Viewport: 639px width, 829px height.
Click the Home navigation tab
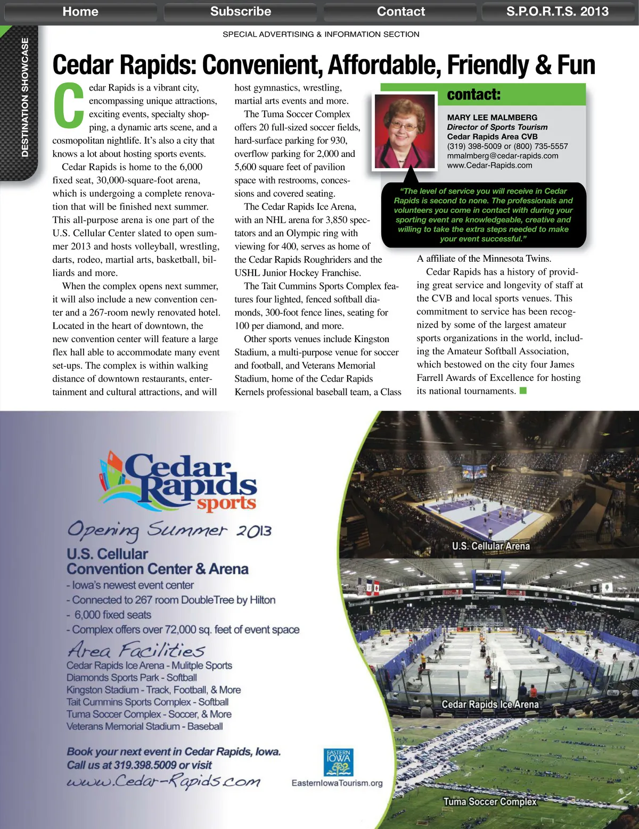[80, 12]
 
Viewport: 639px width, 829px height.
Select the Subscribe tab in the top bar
[241, 12]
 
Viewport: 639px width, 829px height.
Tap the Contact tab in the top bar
[401, 12]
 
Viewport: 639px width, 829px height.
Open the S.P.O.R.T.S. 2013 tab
[558, 12]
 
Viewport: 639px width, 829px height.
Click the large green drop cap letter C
[69, 106]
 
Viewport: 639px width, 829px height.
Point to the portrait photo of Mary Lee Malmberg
[405, 130]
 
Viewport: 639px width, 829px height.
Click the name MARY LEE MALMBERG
[492, 118]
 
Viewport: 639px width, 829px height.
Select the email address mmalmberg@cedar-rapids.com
[503, 156]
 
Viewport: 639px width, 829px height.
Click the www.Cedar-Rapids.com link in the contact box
[489, 165]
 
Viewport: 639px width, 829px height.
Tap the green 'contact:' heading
[474, 95]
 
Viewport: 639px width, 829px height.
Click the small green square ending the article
[523, 391]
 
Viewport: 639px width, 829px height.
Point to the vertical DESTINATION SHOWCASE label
[25, 98]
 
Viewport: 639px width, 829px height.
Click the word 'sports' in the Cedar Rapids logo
[226, 503]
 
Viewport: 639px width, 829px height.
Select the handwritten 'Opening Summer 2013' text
[169, 530]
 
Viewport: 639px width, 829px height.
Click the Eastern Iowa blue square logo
[338, 762]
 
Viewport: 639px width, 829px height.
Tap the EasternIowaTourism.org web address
[337, 783]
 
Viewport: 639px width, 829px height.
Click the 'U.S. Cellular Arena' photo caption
[490, 546]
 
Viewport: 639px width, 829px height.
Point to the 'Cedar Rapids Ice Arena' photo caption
[490, 704]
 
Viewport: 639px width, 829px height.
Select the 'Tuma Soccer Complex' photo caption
[490, 801]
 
